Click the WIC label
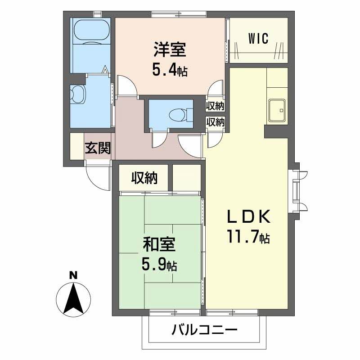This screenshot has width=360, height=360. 258,39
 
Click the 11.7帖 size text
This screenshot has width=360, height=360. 248,237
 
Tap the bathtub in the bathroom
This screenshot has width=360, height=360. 91,31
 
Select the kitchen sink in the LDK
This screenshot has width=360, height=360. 276,109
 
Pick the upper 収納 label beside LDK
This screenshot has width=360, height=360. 215,106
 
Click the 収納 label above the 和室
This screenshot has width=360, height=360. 144,179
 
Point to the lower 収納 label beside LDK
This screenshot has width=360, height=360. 215,121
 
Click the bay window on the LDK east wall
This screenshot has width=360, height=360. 297,189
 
